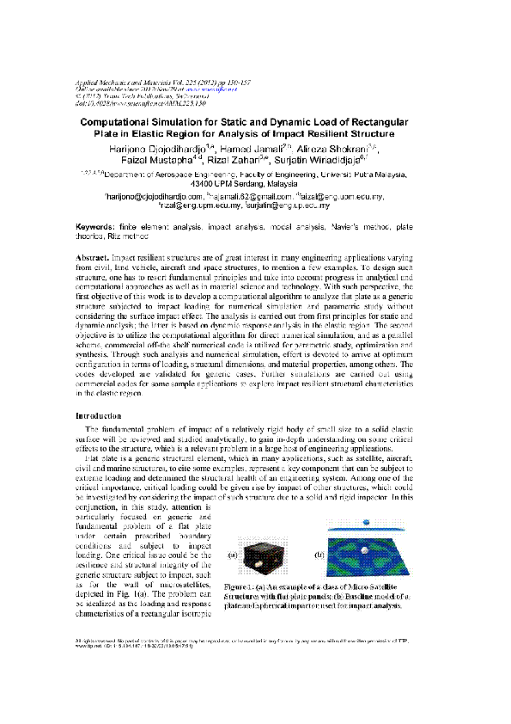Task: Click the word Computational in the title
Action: tap(115, 124)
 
